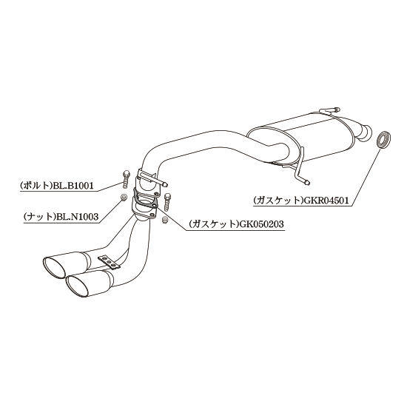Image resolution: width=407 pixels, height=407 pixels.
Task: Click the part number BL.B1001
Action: click(73, 186)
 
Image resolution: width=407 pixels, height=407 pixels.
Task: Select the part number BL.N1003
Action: click(77, 216)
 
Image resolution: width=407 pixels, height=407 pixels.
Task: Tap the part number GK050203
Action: click(262, 223)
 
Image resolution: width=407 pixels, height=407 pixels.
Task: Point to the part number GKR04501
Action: click(326, 200)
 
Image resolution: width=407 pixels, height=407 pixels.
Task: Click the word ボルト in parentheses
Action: click(36, 186)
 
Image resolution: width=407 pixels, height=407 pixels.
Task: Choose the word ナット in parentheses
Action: click(40, 217)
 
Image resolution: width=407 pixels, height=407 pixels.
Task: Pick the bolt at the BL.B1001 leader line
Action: click(126, 180)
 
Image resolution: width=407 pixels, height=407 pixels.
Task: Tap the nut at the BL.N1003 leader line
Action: click(124, 198)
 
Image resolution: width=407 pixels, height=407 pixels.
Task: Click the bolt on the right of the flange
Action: click(167, 202)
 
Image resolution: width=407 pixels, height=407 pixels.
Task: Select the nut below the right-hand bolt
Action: click(164, 220)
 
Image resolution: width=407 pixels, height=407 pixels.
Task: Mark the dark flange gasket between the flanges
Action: click(144, 198)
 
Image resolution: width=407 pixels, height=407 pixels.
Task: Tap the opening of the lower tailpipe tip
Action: click(78, 286)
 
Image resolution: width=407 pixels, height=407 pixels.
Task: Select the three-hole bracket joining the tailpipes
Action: click(109, 261)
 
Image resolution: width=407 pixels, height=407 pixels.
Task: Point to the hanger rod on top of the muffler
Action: click(329, 110)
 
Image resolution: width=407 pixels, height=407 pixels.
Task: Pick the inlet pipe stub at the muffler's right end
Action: click(365, 133)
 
